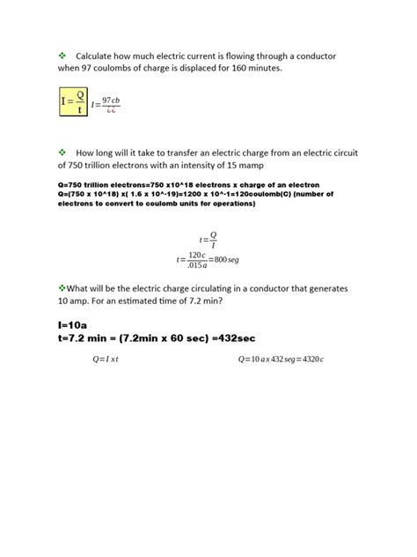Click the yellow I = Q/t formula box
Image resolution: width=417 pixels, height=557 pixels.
click(73, 101)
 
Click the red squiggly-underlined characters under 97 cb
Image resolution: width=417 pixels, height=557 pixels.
click(111, 111)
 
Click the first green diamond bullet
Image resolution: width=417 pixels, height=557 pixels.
click(62, 56)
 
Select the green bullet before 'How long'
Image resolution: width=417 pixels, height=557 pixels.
click(62, 152)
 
